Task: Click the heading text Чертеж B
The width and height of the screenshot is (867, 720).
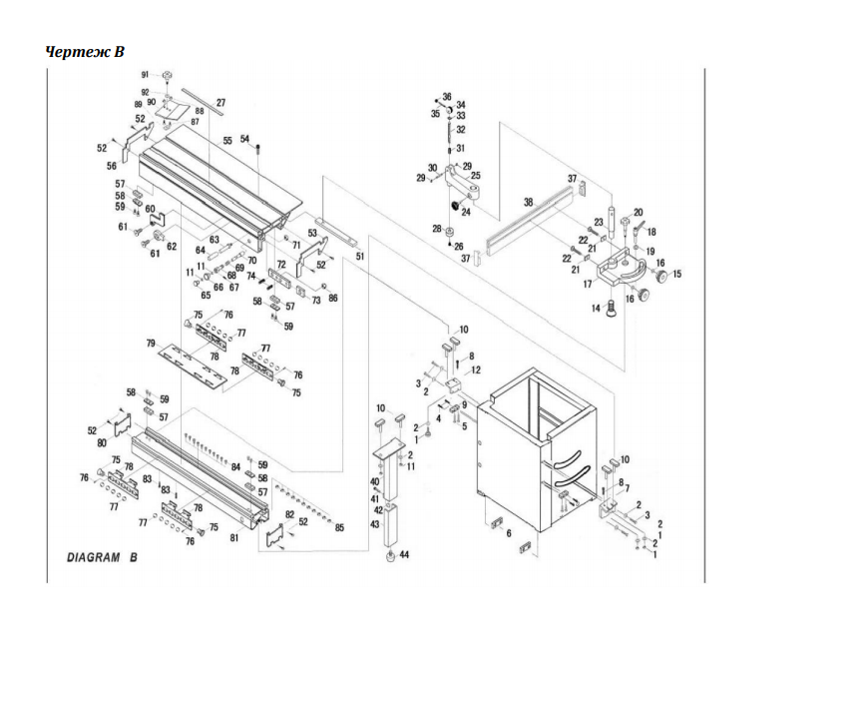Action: (86, 51)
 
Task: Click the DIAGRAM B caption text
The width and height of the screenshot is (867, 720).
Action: (102, 557)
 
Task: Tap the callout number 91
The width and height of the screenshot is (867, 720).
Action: (145, 76)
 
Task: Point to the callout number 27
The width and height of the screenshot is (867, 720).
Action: (220, 103)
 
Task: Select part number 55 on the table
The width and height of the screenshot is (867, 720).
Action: (227, 141)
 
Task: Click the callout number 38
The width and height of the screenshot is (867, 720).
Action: (529, 202)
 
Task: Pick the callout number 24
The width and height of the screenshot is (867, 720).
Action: (465, 213)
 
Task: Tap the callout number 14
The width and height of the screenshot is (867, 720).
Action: (597, 309)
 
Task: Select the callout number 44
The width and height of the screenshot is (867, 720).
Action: (404, 555)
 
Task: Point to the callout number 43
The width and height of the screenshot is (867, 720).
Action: (374, 524)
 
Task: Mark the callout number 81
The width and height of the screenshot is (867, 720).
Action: (234, 538)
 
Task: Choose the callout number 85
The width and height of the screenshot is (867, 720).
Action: (339, 528)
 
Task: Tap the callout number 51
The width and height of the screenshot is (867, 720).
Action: (359, 256)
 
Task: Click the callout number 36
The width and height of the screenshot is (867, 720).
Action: (447, 96)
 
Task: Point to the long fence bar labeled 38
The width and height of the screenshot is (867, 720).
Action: (529, 225)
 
